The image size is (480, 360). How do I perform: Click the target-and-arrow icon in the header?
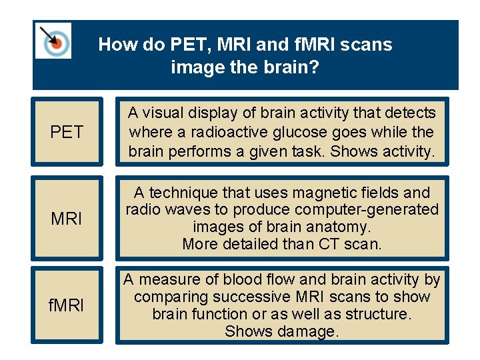point(53,41)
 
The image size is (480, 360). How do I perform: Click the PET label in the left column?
point(67,132)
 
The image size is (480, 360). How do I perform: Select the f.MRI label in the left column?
point(67,307)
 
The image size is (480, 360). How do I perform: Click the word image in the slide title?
point(195,67)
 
